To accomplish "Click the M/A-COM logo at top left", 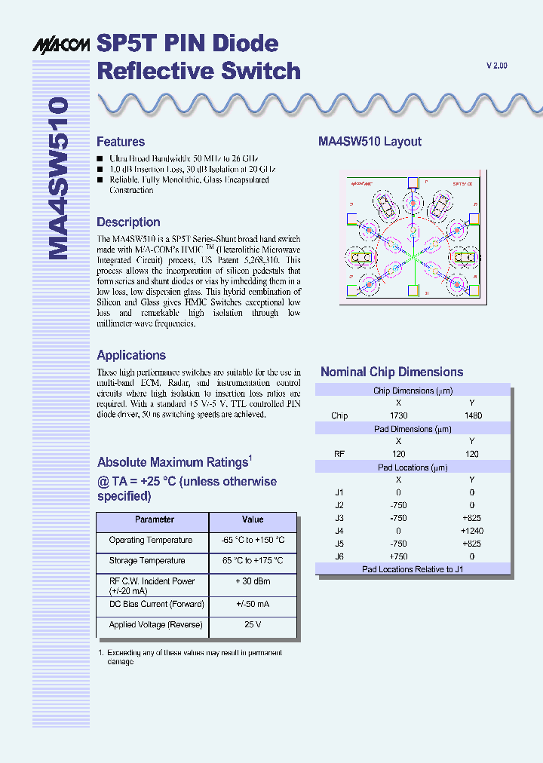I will click(x=63, y=45).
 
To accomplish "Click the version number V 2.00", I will click(x=497, y=66).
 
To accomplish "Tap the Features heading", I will click(x=121, y=142).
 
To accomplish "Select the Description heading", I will click(x=128, y=222).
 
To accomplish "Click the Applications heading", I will click(x=131, y=355).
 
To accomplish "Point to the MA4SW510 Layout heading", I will click(x=370, y=142).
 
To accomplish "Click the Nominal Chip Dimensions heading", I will click(x=391, y=372).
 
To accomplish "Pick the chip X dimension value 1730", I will click(x=398, y=415).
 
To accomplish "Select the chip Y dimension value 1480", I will click(x=472, y=415).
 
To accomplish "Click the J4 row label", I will click(x=339, y=531).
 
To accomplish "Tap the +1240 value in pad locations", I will click(x=472, y=531).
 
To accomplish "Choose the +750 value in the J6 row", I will click(x=398, y=556).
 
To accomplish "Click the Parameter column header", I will click(x=154, y=519).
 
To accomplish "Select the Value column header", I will click(x=253, y=519).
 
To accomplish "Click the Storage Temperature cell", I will click(x=146, y=561).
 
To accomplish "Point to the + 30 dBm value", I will click(x=253, y=581).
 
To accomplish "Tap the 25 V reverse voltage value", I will click(x=253, y=625).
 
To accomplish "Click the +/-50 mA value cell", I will click(x=253, y=605).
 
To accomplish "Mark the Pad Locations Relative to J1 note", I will click(x=413, y=569).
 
